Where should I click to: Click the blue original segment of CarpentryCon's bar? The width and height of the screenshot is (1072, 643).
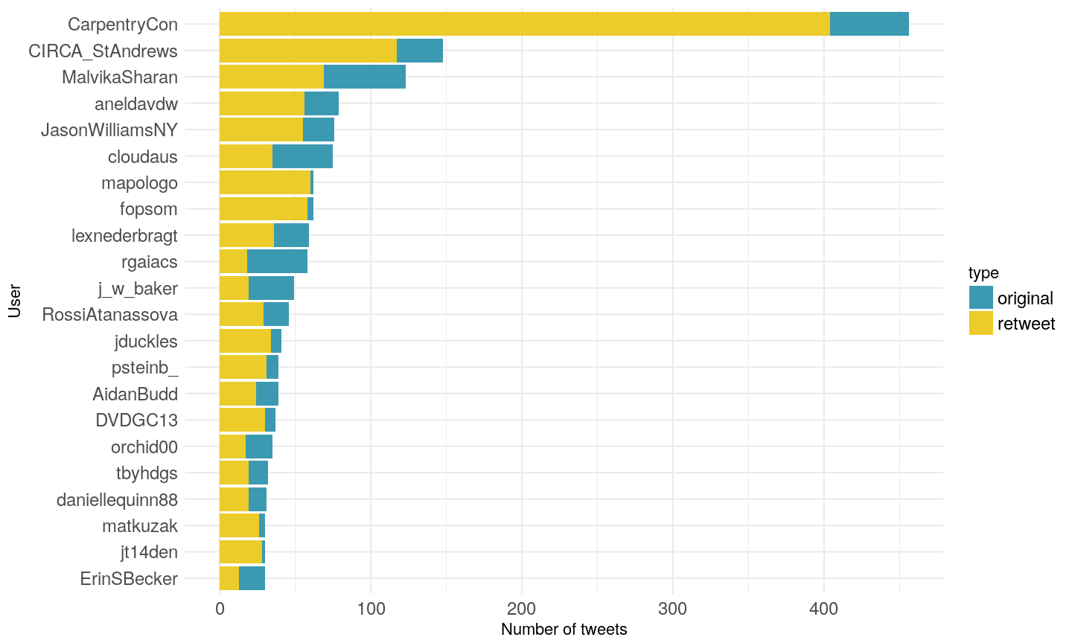click(x=869, y=24)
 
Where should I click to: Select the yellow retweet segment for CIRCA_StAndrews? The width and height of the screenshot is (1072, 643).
click(x=308, y=51)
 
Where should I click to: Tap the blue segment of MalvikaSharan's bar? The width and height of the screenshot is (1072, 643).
click(x=365, y=77)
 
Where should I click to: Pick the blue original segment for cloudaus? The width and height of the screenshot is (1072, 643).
click(x=302, y=156)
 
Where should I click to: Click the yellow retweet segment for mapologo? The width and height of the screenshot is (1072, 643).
click(x=265, y=182)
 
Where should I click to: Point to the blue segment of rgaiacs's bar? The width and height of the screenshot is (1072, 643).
click(x=277, y=262)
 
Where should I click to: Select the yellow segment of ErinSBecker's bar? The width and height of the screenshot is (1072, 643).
click(x=229, y=578)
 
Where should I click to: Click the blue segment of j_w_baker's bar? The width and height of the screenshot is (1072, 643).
click(x=271, y=288)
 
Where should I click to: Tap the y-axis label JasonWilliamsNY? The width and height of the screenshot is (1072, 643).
click(x=109, y=130)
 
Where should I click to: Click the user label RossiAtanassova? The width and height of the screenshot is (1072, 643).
click(x=110, y=315)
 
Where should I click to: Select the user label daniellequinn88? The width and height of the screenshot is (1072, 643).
click(x=117, y=500)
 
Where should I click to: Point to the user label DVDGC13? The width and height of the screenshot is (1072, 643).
click(x=136, y=420)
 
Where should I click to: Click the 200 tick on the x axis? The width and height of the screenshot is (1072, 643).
click(x=522, y=609)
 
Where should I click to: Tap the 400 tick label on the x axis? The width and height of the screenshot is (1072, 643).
click(x=823, y=609)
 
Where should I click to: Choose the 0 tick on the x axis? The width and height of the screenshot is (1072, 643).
click(x=220, y=609)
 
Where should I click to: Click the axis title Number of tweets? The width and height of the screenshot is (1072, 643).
click(x=564, y=630)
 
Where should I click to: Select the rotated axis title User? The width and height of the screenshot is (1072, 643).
click(x=14, y=301)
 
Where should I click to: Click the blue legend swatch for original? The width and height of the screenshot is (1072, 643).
click(x=980, y=298)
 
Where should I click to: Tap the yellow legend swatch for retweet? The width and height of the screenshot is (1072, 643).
click(x=980, y=323)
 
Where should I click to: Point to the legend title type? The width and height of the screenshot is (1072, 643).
click(x=983, y=273)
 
